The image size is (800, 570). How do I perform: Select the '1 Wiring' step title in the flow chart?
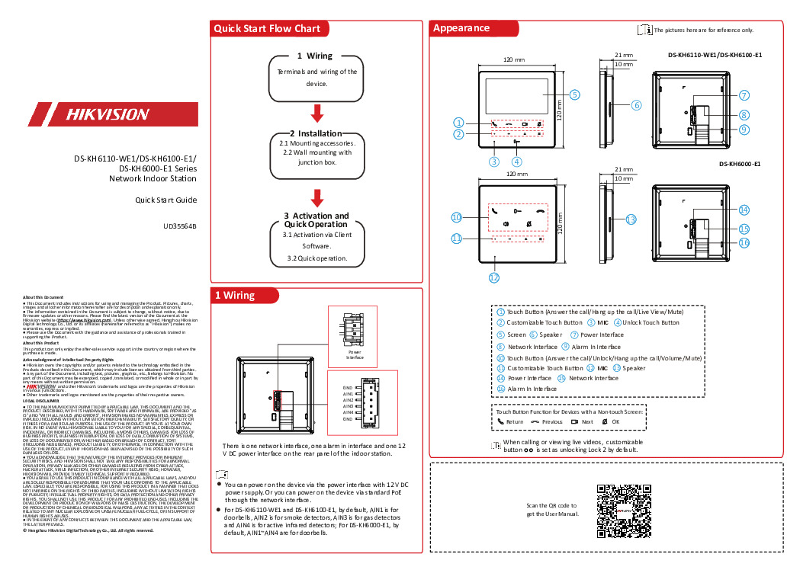pyautogui.click(x=314, y=56)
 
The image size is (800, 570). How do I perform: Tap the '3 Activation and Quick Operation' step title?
pyautogui.click(x=316, y=220)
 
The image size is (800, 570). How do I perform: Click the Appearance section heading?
pyautogui.click(x=461, y=28)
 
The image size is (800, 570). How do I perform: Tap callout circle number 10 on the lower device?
pyautogui.click(x=456, y=217)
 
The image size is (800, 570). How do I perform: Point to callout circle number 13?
pyautogui.click(x=630, y=219)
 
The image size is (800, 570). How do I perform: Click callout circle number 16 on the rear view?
pyautogui.click(x=744, y=242)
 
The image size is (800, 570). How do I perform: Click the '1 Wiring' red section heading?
pyautogui.click(x=234, y=296)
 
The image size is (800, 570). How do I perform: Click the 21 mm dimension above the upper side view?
pyautogui.click(x=623, y=56)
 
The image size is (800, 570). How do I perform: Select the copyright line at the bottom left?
pyautogui.click(x=88, y=530)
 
